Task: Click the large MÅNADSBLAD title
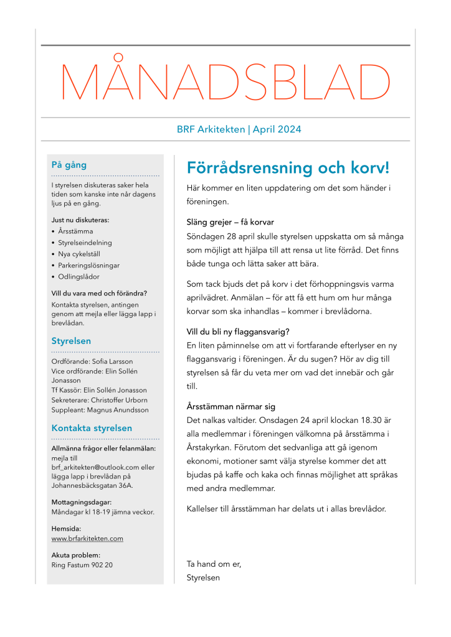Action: click(x=225, y=82)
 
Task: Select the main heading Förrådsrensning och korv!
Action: click(x=288, y=168)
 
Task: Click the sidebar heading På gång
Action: click(x=69, y=165)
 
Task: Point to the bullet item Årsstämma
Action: click(x=75, y=231)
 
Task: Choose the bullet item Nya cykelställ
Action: click(x=79, y=254)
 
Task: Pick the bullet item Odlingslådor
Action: click(x=78, y=276)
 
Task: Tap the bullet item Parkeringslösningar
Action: click(x=89, y=265)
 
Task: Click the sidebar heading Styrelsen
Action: click(x=71, y=341)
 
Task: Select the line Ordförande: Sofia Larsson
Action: click(x=92, y=361)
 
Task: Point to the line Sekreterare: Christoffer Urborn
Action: click(x=100, y=400)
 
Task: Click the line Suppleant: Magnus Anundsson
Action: click(x=100, y=410)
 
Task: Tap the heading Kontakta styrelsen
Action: click(x=92, y=428)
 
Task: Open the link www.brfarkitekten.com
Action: click(x=87, y=539)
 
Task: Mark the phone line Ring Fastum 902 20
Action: click(x=82, y=565)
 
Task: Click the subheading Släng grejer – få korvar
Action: click(x=230, y=222)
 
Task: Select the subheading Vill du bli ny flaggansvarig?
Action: click(x=238, y=331)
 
